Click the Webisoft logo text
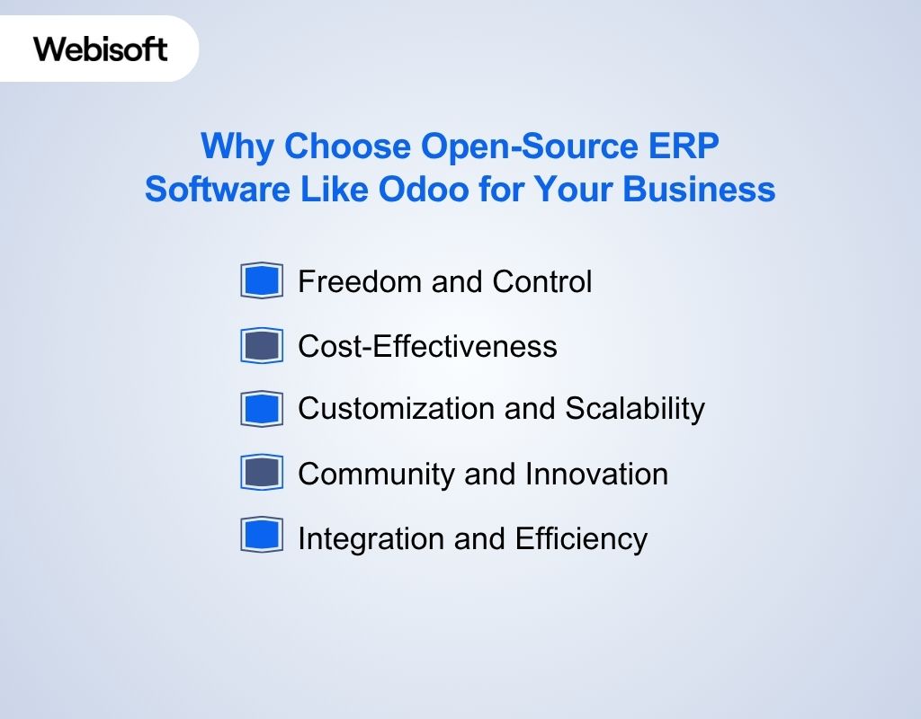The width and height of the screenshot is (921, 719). (101, 49)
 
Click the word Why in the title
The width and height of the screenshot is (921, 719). (237, 146)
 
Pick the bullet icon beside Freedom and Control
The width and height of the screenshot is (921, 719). (262, 280)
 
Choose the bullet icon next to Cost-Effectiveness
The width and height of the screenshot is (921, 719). (262, 346)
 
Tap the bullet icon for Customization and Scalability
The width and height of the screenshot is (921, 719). (262, 409)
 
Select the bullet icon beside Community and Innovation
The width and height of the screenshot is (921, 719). (262, 473)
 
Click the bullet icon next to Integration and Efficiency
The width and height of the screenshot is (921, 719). (262, 536)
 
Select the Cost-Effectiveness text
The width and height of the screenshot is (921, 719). (427, 346)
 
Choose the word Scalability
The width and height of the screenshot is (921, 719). (635, 409)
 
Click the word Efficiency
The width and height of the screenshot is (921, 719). (581, 538)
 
